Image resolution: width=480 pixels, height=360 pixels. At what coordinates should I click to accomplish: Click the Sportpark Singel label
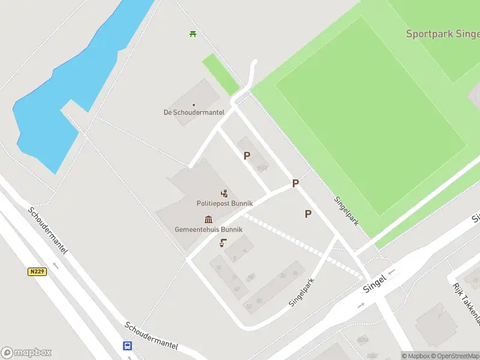pyautogui.click(x=442, y=34)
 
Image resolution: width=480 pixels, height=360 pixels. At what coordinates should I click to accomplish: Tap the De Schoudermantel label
pyautogui.click(x=194, y=112)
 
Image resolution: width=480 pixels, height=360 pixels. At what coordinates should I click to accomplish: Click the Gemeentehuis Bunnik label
pyautogui.click(x=208, y=229)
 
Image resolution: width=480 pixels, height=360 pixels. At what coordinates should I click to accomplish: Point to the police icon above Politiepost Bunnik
pyautogui.click(x=224, y=193)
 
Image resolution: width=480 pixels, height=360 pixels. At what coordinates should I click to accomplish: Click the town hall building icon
pyautogui.click(x=208, y=219)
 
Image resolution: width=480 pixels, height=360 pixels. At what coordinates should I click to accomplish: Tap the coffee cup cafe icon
pyautogui.click(x=223, y=242)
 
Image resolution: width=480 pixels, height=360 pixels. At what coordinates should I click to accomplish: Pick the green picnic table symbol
pyautogui.click(x=193, y=34)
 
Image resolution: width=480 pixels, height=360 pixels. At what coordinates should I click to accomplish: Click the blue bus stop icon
pyautogui.click(x=127, y=346)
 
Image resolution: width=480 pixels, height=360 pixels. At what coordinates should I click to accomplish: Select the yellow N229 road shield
pyautogui.click(x=37, y=272)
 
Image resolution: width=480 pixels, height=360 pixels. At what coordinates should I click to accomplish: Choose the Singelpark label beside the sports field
pyautogui.click(x=347, y=211)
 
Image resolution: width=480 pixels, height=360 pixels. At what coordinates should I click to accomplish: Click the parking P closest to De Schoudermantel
pyautogui.click(x=247, y=155)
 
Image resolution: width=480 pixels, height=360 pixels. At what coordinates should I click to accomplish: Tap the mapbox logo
pyautogui.click(x=26, y=352)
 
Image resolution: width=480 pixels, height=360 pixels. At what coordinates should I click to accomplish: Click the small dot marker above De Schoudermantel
pyautogui.click(x=194, y=104)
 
